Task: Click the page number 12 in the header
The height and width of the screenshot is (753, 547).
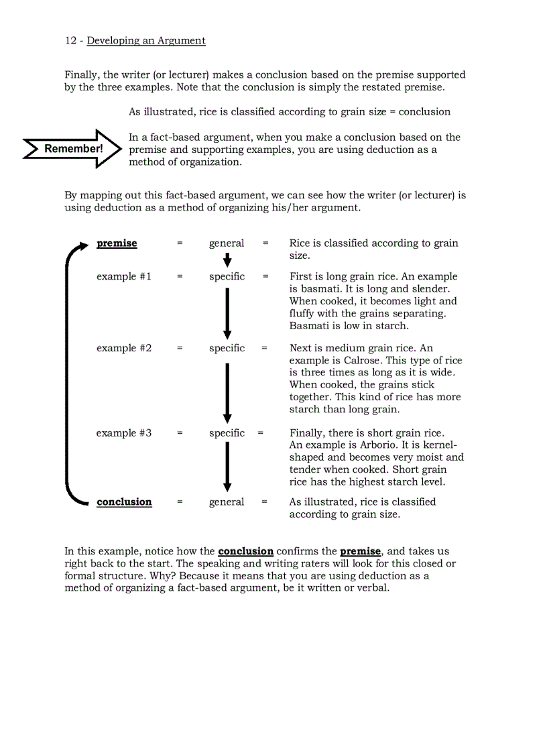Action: (70, 41)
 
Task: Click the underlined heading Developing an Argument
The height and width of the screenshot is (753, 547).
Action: (146, 41)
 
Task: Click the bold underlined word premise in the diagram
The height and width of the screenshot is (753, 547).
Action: (117, 243)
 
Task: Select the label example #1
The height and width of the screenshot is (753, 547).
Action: (124, 276)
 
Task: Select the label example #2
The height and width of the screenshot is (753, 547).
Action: (124, 348)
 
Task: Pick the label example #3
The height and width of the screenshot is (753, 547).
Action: (124, 433)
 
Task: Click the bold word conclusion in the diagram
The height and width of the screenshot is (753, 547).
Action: (124, 502)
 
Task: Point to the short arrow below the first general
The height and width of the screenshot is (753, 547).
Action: (227, 259)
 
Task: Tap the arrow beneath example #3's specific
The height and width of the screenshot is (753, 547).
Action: (227, 467)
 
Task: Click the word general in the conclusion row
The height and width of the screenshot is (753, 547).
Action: (227, 502)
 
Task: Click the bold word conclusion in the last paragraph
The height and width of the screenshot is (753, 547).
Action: (245, 552)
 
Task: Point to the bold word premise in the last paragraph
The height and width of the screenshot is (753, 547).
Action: (361, 552)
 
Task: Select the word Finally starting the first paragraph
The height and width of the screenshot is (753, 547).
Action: (81, 75)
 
